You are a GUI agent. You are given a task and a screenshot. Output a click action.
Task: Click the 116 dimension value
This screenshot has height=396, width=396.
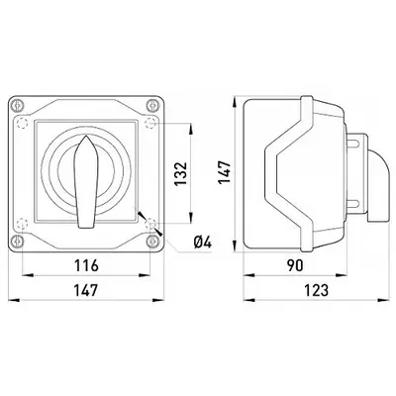[x=86, y=265]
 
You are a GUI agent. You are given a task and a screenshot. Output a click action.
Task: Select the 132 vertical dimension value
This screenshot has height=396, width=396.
[x=181, y=173]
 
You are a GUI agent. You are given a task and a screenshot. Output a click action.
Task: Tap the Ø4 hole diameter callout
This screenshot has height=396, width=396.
[x=203, y=243]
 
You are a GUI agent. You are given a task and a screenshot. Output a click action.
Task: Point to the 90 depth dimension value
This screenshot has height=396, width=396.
[x=295, y=265]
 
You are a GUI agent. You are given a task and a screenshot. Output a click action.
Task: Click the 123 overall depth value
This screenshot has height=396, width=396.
[x=316, y=290]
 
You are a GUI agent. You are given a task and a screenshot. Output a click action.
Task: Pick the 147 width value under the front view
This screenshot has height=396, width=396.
[x=86, y=290]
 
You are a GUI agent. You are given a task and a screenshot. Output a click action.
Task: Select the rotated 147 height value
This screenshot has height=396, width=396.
[x=225, y=172]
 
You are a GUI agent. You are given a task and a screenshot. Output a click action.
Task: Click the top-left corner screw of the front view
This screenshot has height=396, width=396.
[x=17, y=106]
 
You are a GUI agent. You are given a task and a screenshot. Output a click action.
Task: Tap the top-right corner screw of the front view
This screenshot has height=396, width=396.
[x=152, y=106]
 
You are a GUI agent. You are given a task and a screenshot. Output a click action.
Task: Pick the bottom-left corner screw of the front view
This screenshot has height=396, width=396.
[x=17, y=242]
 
